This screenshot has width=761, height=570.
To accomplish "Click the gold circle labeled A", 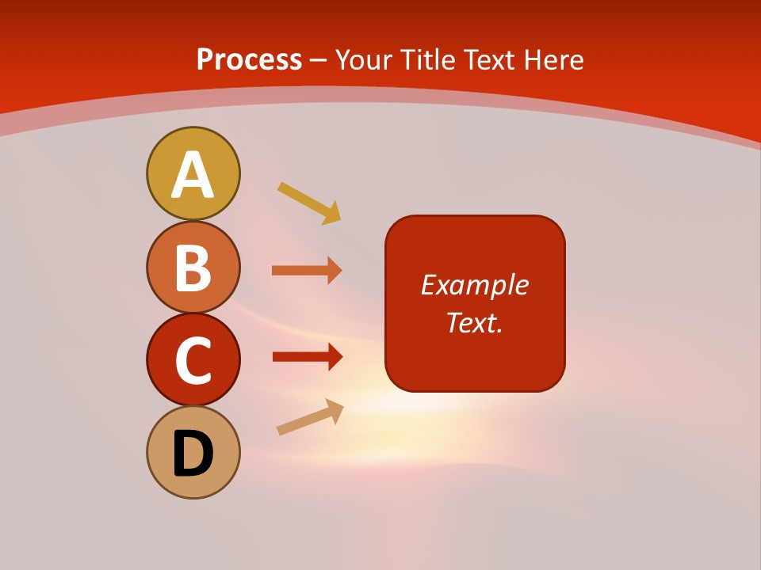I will (x=193, y=173).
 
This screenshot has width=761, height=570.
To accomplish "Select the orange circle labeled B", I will (x=193, y=267).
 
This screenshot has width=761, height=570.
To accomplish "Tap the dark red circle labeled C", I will (x=193, y=359).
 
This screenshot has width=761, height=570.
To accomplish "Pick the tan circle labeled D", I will (x=193, y=452).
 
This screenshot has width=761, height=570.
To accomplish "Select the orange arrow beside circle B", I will (x=306, y=271).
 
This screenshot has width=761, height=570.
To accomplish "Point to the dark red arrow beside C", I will (x=306, y=356).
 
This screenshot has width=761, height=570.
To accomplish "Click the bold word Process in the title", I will (x=249, y=59).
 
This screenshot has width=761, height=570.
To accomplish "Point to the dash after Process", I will (x=319, y=61).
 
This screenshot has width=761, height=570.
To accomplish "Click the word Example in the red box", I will (x=474, y=285).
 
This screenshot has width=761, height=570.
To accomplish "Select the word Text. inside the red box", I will (x=474, y=322).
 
